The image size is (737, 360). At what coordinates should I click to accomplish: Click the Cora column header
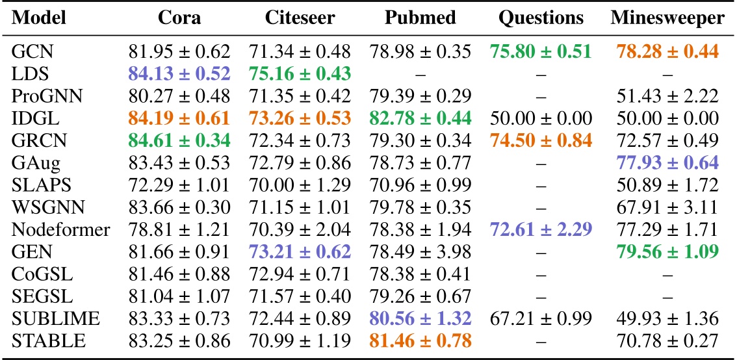179,18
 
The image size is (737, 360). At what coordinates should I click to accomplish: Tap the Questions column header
541,18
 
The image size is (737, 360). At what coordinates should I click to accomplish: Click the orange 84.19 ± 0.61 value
179,118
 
